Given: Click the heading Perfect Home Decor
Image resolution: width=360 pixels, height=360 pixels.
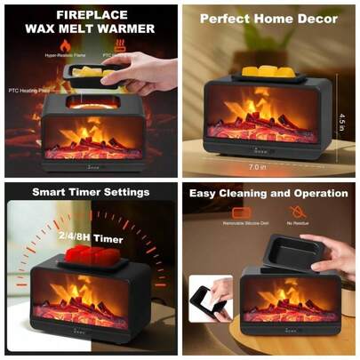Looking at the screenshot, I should point(268,18).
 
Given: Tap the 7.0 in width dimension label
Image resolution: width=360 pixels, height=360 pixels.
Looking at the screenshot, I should point(258,166).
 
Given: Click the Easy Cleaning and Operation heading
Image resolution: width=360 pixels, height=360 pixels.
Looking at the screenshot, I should point(268,192).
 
